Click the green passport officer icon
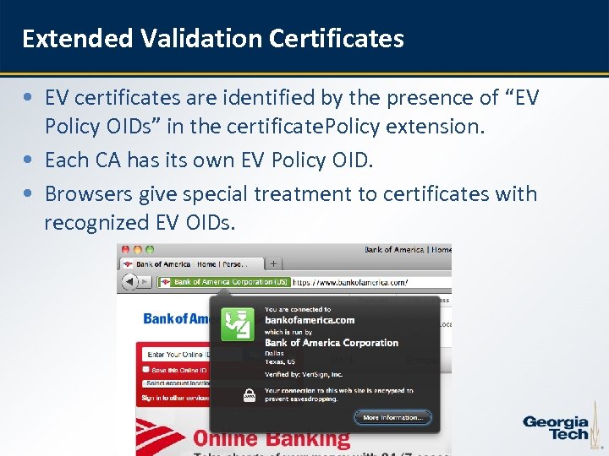[238, 323]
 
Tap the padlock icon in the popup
[250, 393]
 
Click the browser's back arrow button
[128, 281]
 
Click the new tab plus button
[273, 263]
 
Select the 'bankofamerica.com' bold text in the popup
[310, 320]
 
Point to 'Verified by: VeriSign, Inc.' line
[304, 372]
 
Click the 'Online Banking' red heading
[272, 438]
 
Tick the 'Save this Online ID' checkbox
[145, 369]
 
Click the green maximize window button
[150, 250]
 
